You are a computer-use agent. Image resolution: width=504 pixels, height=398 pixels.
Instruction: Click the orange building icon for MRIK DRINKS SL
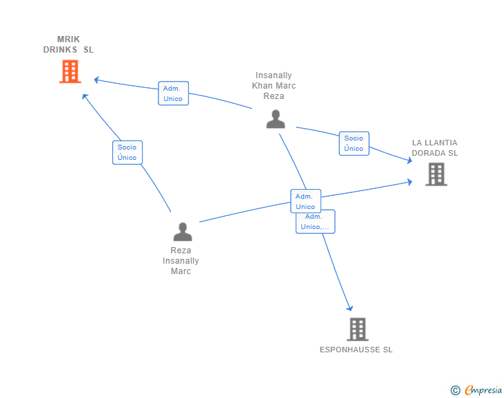(70, 71)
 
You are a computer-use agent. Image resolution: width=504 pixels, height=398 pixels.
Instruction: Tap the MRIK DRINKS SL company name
(69, 44)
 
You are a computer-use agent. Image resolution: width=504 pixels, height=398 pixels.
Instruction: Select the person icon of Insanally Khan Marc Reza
(276, 119)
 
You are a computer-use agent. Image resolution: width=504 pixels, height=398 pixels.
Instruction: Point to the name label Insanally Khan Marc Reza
(274, 86)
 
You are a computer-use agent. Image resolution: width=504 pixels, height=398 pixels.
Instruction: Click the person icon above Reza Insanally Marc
(183, 231)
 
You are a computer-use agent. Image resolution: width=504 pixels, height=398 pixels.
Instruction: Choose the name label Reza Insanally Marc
(181, 260)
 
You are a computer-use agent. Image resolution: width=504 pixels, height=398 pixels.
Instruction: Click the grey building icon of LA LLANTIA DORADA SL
(436, 174)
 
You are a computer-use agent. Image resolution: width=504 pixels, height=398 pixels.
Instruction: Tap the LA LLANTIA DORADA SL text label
(435, 148)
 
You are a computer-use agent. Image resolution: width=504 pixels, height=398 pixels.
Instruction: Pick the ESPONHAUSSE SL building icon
(357, 329)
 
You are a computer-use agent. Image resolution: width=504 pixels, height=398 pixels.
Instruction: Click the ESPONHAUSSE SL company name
(356, 350)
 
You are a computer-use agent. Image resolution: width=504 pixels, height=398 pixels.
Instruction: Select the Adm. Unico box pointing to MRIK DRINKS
(173, 93)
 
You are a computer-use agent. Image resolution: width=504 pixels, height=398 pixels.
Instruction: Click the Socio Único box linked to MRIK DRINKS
(127, 152)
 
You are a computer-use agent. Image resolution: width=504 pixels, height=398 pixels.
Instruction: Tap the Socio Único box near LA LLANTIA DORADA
(354, 143)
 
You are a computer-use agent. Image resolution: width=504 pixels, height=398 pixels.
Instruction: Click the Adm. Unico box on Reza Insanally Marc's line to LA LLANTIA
(306, 201)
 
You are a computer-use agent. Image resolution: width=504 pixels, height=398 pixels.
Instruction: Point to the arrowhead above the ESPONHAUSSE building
(350, 309)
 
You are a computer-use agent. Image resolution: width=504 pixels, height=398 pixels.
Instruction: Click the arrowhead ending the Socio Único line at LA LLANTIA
(410, 160)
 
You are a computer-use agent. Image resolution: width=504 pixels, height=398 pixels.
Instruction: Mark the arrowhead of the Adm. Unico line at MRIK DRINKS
(96, 80)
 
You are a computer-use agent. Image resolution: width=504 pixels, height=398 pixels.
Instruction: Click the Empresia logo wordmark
(483, 390)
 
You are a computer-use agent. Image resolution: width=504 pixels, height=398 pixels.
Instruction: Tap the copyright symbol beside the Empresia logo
(455, 390)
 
